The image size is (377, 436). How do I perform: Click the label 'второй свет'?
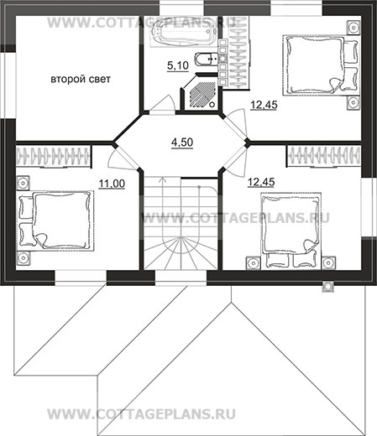pos(81,79)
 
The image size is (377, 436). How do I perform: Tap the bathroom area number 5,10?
pos(178,65)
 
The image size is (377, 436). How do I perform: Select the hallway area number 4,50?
pos(182,143)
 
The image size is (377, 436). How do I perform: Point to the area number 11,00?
pos(112,184)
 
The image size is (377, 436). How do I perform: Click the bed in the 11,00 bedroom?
pos(56,221)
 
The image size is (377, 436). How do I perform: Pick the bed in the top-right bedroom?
pos(320,65)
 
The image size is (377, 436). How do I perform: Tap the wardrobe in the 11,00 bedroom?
pos(54,157)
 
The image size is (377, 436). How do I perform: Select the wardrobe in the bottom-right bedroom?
pos(324,156)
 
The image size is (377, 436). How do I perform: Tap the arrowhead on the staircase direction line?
pos(162,179)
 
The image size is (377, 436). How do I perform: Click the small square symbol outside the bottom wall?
pos(327,286)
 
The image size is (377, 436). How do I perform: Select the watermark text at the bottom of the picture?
pos(141,414)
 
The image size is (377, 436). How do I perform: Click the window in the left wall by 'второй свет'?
pos(8,86)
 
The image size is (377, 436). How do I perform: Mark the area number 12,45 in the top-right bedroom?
pos(264,105)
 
